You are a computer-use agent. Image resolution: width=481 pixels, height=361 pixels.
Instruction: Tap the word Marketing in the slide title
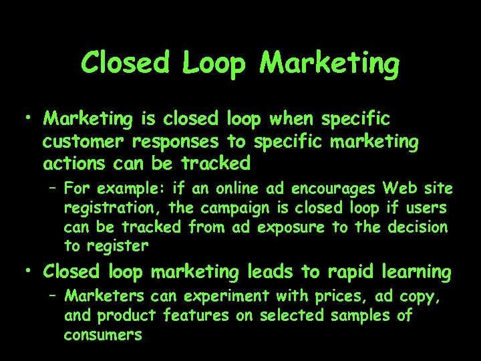point(331,64)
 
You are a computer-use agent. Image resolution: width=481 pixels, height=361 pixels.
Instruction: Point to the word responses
point(176,142)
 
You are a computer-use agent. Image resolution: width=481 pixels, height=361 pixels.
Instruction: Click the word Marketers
point(106,295)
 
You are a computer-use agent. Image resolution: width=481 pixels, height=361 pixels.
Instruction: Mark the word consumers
point(103,334)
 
